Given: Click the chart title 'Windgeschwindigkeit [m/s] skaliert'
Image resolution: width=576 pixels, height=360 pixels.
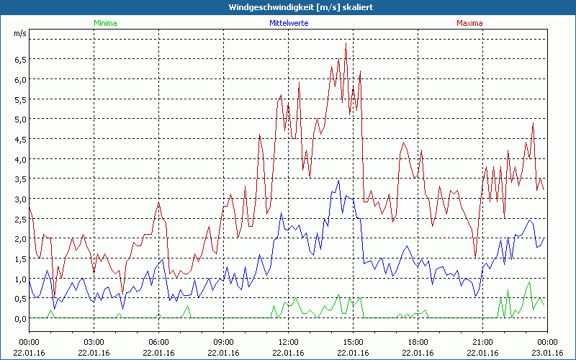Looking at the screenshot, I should point(288,7).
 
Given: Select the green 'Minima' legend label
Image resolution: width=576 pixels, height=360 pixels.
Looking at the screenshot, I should point(104,23).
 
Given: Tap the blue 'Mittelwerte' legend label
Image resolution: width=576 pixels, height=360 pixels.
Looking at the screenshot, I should point(288,23).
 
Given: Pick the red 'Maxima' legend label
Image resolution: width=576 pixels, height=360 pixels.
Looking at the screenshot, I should point(469,23).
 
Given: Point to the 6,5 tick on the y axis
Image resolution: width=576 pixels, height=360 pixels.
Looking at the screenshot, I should point(20,59).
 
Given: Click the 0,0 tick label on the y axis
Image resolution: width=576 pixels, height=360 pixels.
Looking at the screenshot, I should point(20,318).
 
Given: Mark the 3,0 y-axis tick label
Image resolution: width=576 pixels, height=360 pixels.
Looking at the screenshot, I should point(20,199).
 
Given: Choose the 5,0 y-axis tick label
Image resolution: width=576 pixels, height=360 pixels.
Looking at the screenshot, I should point(20,119).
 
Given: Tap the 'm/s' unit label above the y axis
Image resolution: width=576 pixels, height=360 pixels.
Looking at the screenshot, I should point(19,34).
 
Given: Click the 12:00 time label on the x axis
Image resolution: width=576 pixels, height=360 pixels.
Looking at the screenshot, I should point(288,342).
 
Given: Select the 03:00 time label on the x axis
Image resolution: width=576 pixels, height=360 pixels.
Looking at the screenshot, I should point(94,342).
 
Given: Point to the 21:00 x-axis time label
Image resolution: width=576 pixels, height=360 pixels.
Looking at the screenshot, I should point(482,342).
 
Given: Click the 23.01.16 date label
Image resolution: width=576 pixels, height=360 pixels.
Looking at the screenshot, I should point(547,352).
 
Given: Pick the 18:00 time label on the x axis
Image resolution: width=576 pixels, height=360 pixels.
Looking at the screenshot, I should point(418,342).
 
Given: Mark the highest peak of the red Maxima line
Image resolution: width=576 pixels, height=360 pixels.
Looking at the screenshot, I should point(346,42).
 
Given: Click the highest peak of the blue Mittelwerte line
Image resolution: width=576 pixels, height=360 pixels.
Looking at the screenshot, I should point(338,180).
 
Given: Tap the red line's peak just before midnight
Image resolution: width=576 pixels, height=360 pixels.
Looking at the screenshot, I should point(533,123).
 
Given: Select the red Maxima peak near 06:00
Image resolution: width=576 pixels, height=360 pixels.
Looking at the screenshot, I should point(158,202).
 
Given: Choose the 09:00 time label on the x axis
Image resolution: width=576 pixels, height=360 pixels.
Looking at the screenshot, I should point(223,342).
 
